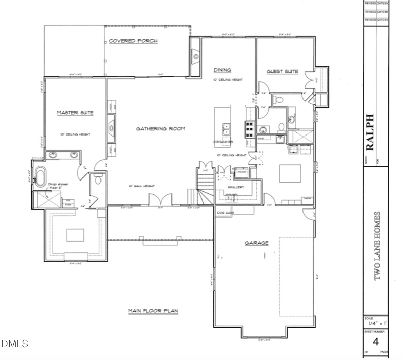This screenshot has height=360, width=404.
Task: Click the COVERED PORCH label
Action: [x=133, y=41]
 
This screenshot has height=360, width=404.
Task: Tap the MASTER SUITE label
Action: [x=75, y=113]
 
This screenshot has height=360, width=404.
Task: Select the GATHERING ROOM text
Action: [x=161, y=129]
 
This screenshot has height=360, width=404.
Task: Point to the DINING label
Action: [x=222, y=70]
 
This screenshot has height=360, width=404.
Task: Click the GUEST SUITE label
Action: [x=283, y=72]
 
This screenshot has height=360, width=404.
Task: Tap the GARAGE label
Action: [x=257, y=243]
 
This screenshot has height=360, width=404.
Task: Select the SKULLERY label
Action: [x=237, y=187]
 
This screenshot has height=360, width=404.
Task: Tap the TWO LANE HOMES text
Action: [x=376, y=246]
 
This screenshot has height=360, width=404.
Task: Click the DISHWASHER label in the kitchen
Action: [x=222, y=142]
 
